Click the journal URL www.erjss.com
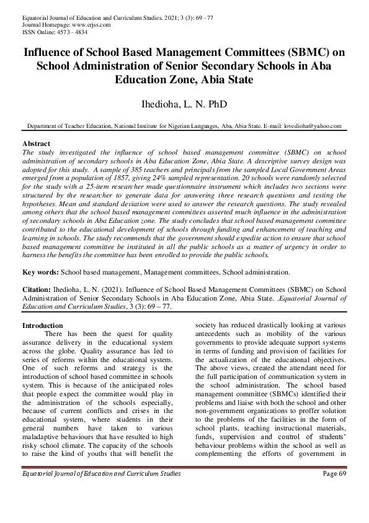click(x=88, y=25)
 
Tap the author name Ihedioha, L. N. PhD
click(x=184, y=103)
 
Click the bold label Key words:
click(x=40, y=272)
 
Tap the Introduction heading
click(x=42, y=325)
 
